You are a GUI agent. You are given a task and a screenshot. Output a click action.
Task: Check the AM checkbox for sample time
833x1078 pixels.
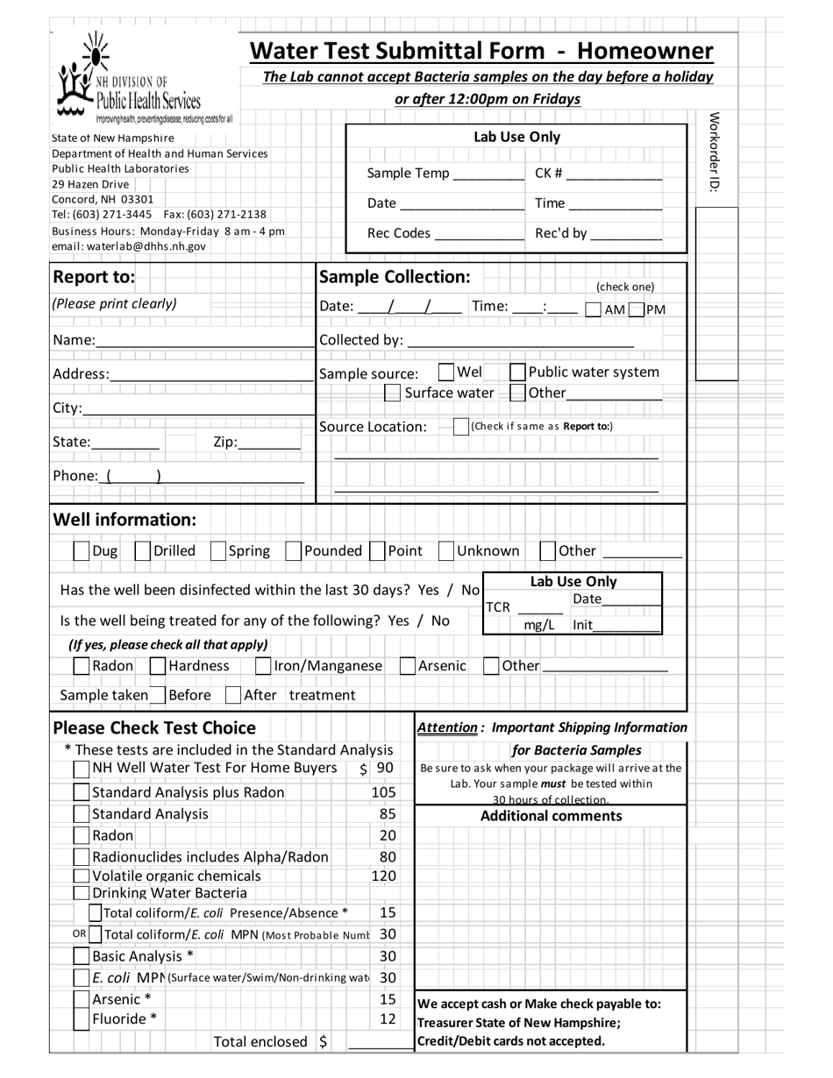[x=593, y=309]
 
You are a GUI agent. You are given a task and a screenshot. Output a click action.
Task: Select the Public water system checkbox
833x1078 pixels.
[x=517, y=372]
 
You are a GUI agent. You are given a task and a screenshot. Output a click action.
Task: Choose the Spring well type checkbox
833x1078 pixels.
[x=218, y=551]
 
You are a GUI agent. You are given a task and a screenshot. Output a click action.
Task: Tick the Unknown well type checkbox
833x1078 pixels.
[x=445, y=551]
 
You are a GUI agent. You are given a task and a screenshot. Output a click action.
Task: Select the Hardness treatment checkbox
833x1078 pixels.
[x=158, y=666]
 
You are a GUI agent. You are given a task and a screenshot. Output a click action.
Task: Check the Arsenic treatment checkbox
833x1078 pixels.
[x=408, y=666]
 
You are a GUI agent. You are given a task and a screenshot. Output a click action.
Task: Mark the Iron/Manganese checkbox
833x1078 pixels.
[x=263, y=666]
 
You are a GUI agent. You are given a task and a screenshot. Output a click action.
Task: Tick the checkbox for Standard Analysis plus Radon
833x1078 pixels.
[x=82, y=792]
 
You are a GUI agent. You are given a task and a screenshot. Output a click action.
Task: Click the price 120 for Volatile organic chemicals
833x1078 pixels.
[x=384, y=876]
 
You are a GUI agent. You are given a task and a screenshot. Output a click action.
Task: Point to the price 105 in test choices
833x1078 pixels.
[x=384, y=792]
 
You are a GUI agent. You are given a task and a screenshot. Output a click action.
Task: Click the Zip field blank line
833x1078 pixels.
[x=268, y=443]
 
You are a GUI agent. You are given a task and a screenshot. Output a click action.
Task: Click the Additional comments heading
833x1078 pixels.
[x=551, y=816]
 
